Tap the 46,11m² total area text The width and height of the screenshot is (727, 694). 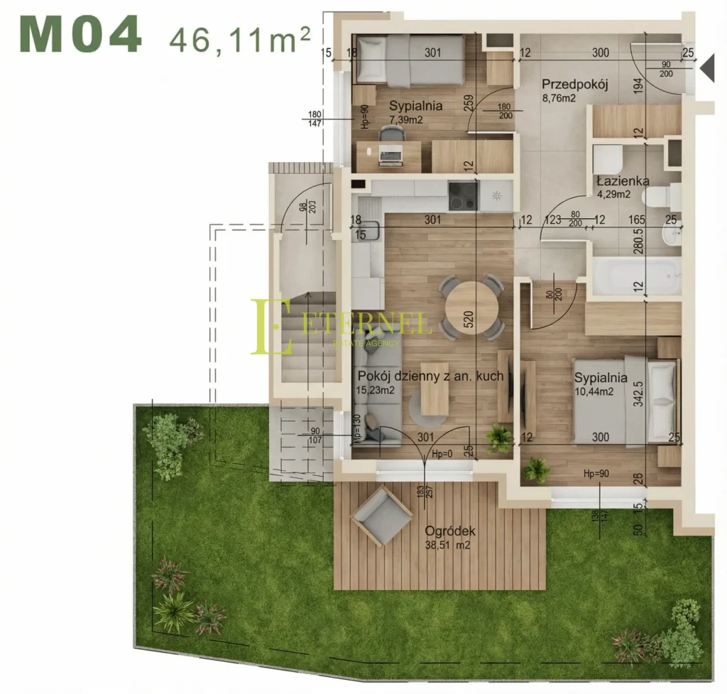240,36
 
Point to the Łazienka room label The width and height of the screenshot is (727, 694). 623,181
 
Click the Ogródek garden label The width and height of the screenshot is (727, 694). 450,531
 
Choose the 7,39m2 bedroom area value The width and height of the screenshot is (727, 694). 405,119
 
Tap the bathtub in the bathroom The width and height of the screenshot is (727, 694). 635,276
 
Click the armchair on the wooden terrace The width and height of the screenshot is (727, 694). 381,515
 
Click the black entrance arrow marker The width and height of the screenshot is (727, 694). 706,67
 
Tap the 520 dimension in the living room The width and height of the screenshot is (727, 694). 469,320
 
